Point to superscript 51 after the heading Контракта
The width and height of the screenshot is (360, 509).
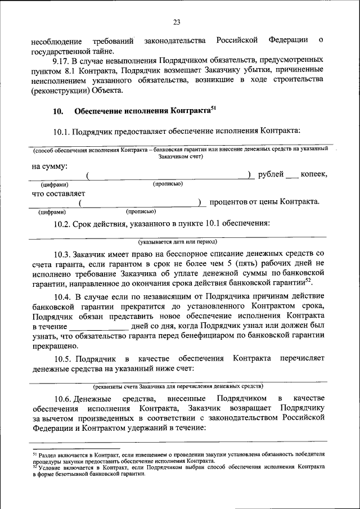(213, 109)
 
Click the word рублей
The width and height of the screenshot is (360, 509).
(271, 175)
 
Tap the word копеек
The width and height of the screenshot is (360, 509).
(314, 175)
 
